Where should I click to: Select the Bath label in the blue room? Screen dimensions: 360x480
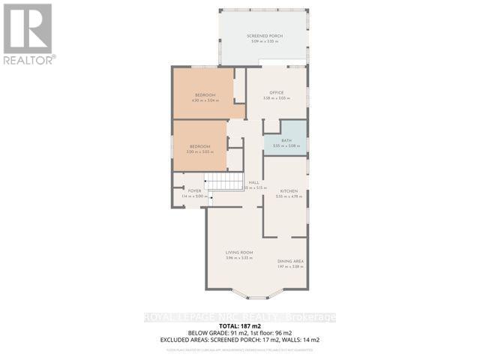pyautogui.click(x=286, y=141)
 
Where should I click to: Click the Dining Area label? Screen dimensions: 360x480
pyautogui.click(x=290, y=261)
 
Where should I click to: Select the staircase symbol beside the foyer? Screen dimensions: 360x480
pyautogui.click(x=226, y=181)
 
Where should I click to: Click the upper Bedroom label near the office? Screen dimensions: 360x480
pyautogui.click(x=205, y=94)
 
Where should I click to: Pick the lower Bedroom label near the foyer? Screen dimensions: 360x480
pyautogui.click(x=199, y=147)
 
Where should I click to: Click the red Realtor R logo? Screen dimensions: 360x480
pyautogui.click(x=28, y=28)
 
